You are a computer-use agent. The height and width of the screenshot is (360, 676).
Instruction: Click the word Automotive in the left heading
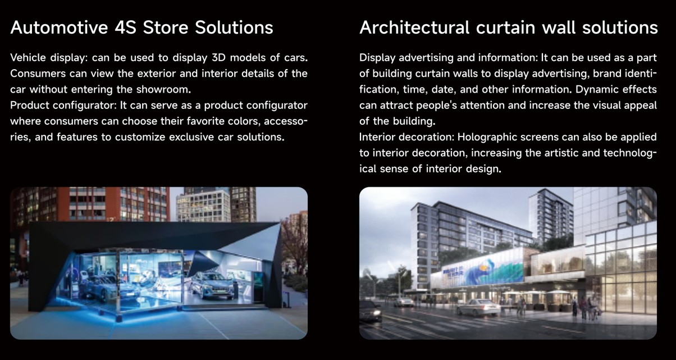click(59, 28)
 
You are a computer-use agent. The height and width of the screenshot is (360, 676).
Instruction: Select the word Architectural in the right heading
click(414, 28)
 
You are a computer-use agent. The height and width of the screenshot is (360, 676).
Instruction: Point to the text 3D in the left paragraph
click(219, 58)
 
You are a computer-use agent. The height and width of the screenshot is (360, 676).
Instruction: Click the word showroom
click(163, 89)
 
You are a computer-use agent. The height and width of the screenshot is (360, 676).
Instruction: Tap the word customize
click(140, 137)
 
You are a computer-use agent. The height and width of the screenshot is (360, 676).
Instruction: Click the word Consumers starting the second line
click(38, 74)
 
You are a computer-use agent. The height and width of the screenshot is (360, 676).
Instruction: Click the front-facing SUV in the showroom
click(212, 286)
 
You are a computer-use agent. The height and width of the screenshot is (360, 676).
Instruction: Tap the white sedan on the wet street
click(478, 308)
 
